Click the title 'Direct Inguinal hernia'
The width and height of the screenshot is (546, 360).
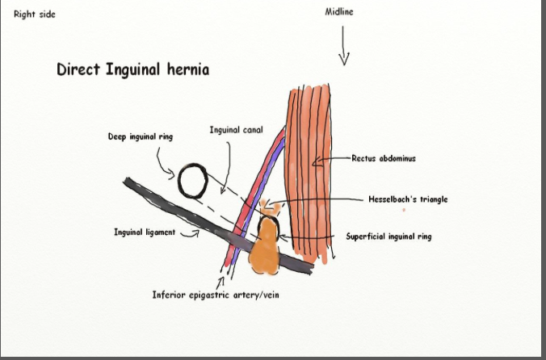click(x=132, y=70)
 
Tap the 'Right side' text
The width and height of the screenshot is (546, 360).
click(x=35, y=14)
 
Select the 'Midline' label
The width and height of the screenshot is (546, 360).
click(x=339, y=12)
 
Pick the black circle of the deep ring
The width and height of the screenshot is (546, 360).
click(x=195, y=181)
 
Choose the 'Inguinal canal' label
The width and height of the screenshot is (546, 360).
click(x=236, y=129)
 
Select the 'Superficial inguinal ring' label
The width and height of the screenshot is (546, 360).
click(x=392, y=237)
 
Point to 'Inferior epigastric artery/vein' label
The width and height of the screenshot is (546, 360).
click(x=216, y=295)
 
